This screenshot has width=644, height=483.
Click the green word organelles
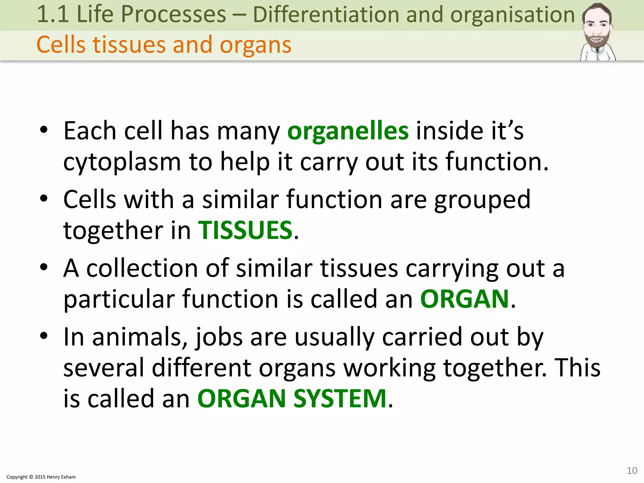[x=348, y=131]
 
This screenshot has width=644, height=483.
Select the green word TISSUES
[x=245, y=230]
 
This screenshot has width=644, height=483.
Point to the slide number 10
[x=632, y=470]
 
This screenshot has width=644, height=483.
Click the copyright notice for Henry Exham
[x=41, y=477]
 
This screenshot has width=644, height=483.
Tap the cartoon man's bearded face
[x=597, y=30]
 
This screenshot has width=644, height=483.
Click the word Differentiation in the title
[x=325, y=14]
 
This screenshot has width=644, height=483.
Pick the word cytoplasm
[x=122, y=162]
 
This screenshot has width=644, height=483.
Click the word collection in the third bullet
[x=142, y=269]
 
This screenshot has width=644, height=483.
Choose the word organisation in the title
[x=513, y=14]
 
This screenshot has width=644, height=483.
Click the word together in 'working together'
[x=495, y=368]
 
